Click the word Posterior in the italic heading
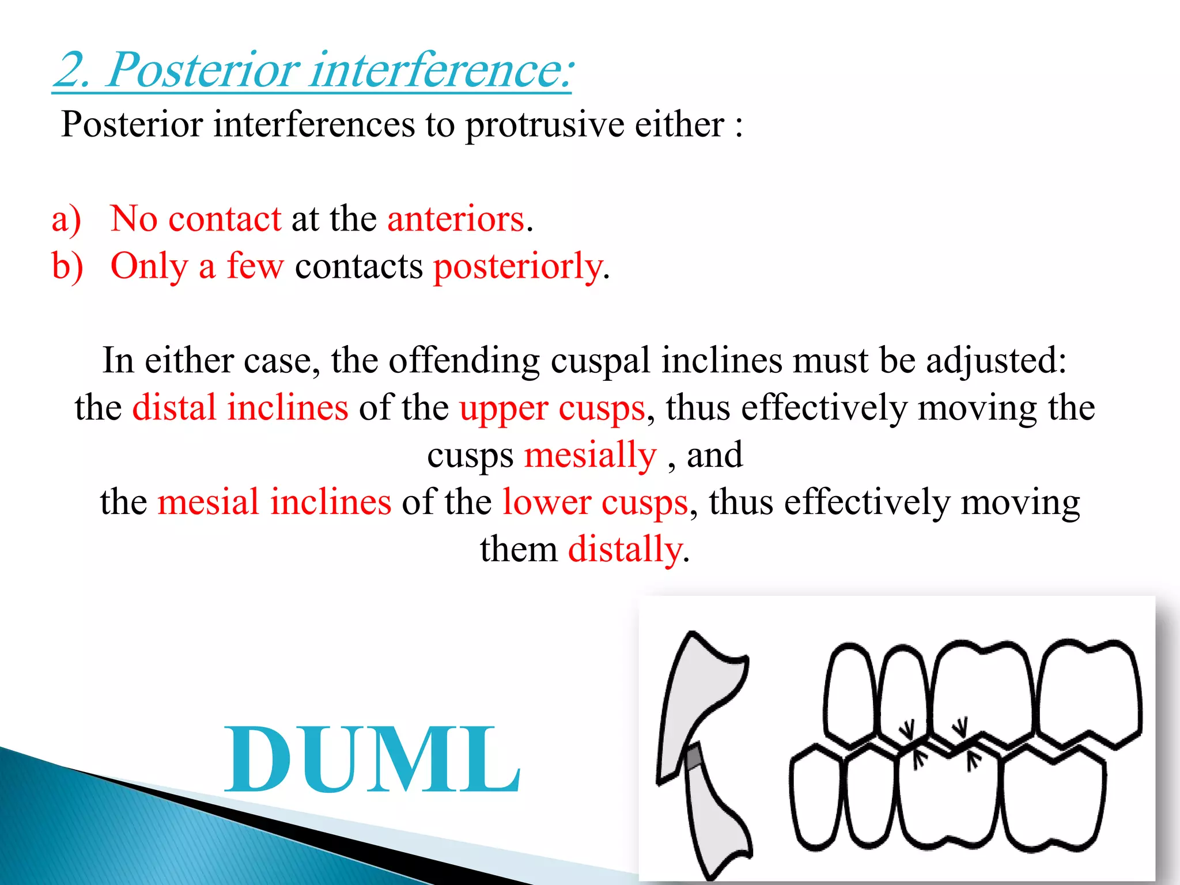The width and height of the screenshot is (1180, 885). click(203, 70)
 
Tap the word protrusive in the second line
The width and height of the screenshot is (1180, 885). click(544, 124)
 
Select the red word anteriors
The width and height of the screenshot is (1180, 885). click(456, 219)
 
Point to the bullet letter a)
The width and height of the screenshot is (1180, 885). click(66, 220)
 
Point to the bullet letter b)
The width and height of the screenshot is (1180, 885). click(67, 267)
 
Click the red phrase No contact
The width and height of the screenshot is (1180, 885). click(195, 219)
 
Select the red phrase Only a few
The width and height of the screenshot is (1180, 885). click(197, 267)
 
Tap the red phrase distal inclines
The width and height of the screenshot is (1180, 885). click(240, 408)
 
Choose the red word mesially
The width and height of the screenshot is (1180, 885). click(590, 455)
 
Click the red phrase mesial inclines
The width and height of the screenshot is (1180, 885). click(274, 502)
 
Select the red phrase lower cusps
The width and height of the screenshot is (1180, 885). click(595, 502)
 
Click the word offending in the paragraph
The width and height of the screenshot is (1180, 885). click(464, 361)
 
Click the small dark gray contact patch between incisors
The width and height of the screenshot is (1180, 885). click(694, 757)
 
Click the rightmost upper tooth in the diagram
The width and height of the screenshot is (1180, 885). click(1089, 691)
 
